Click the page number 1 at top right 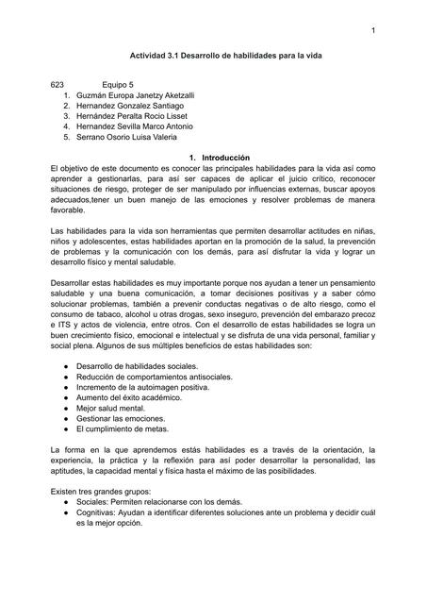373,34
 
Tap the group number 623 58,85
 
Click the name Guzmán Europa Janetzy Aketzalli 142,95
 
